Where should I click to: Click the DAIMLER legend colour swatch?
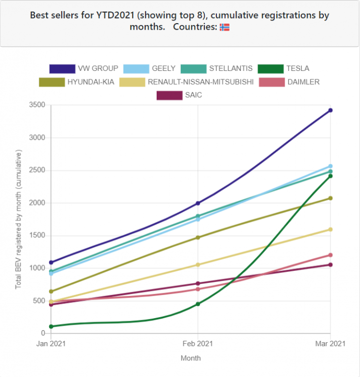pyautogui.click(x=271, y=82)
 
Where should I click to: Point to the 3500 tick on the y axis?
pyautogui.click(x=38, y=105)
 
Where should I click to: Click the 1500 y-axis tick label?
pyautogui.click(x=38, y=235)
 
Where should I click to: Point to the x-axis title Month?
pyautogui.click(x=191, y=358)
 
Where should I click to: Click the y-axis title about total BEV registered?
pyautogui.click(x=19, y=219)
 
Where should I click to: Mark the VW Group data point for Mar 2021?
pyautogui.click(x=330, y=110)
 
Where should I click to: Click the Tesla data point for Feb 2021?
pyautogui.click(x=198, y=304)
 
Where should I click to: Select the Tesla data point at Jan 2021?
pyautogui.click(x=51, y=326)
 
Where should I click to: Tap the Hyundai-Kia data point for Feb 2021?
pyautogui.click(x=198, y=237)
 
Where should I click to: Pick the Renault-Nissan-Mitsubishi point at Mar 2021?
pyautogui.click(x=330, y=229)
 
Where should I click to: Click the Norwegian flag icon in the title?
pyautogui.click(x=224, y=27)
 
